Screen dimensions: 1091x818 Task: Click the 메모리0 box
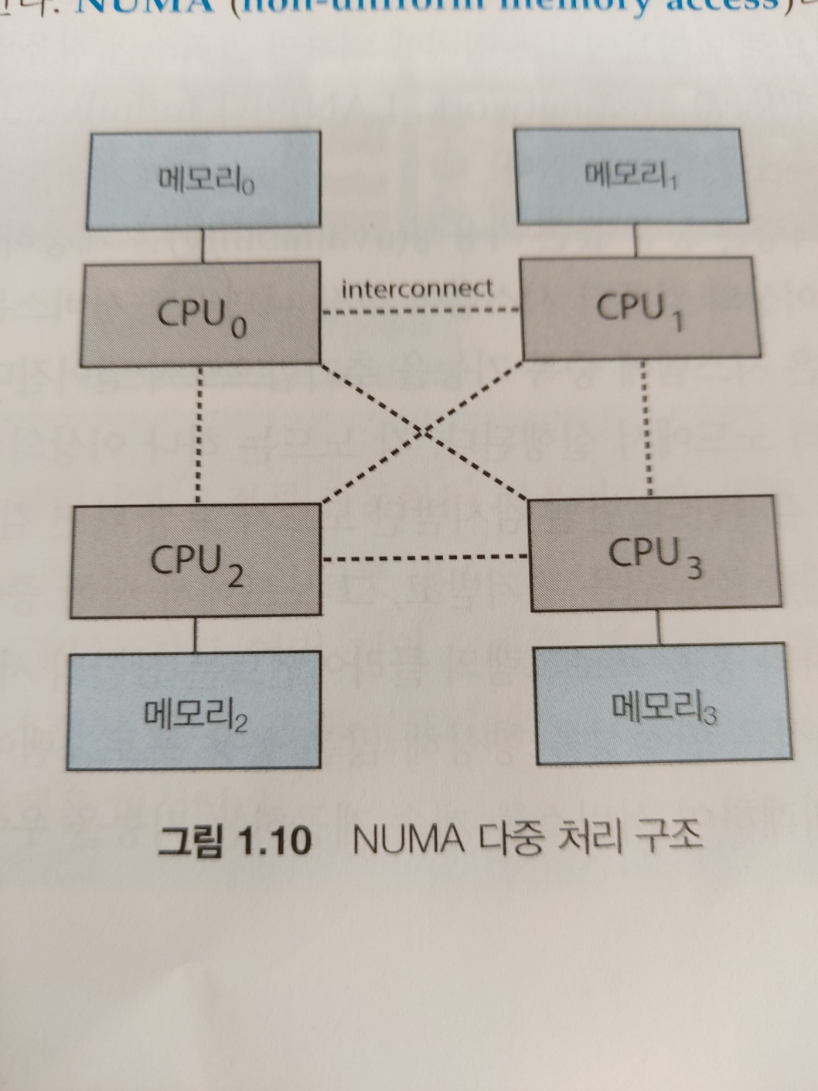(203, 180)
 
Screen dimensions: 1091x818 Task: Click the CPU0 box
(200, 313)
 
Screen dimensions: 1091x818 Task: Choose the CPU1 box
(638, 308)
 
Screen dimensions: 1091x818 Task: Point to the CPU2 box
(195, 561)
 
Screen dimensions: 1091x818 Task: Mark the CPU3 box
(653, 554)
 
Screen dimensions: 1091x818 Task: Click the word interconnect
(417, 289)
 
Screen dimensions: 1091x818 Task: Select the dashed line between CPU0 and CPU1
(420, 312)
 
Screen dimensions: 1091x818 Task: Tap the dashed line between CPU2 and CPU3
(424, 558)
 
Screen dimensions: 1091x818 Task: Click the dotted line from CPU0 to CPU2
(199, 433)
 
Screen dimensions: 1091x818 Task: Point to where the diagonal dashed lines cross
(423, 431)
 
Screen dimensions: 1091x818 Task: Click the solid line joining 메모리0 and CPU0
(202, 246)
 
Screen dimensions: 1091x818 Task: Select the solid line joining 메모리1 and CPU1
(635, 240)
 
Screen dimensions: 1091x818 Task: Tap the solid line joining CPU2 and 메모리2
(194, 635)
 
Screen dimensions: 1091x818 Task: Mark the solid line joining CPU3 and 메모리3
(658, 627)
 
